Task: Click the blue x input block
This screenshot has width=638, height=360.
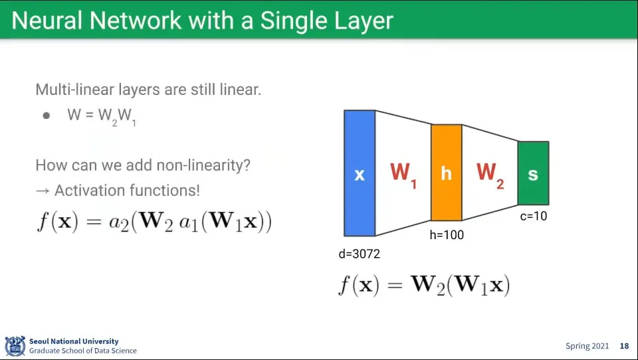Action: click(x=360, y=173)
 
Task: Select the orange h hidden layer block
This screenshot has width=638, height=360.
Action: click(x=447, y=173)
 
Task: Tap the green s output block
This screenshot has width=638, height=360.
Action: click(x=534, y=173)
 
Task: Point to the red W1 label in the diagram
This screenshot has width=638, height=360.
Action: click(x=403, y=175)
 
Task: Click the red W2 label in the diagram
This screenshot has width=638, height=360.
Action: click(x=490, y=175)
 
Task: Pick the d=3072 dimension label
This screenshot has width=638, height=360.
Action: click(x=360, y=254)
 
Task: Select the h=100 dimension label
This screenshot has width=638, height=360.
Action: click(x=447, y=234)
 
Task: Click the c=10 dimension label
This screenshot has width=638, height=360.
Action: click(x=534, y=216)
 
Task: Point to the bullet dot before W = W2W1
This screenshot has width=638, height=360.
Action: click(x=47, y=116)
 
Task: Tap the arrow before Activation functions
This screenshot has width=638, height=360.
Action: click(x=43, y=191)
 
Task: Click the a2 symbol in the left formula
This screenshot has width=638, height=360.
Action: click(x=119, y=223)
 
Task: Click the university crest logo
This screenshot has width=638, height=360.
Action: click(x=15, y=346)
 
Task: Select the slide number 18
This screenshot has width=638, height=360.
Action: click(x=624, y=346)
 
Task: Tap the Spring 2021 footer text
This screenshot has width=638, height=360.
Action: click(x=587, y=346)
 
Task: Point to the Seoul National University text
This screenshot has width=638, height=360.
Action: click(x=74, y=341)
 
